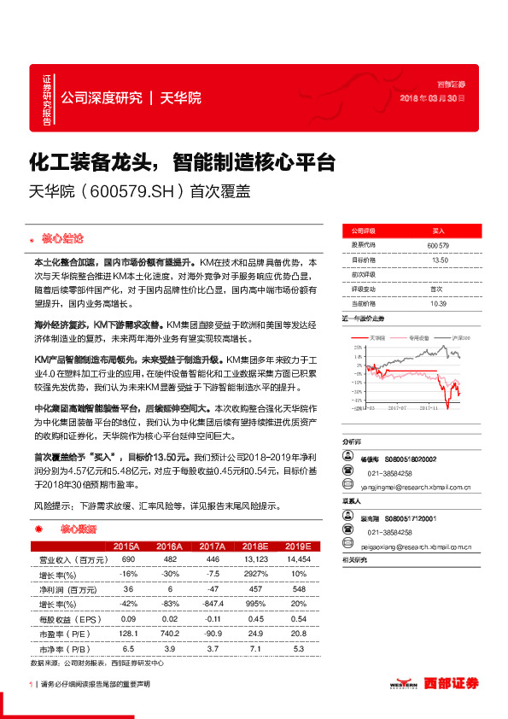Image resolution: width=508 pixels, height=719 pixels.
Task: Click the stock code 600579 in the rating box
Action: click(437, 245)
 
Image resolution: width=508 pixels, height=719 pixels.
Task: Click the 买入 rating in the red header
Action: click(438, 231)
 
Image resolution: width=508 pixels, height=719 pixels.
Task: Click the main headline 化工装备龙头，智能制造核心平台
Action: click(181, 162)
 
